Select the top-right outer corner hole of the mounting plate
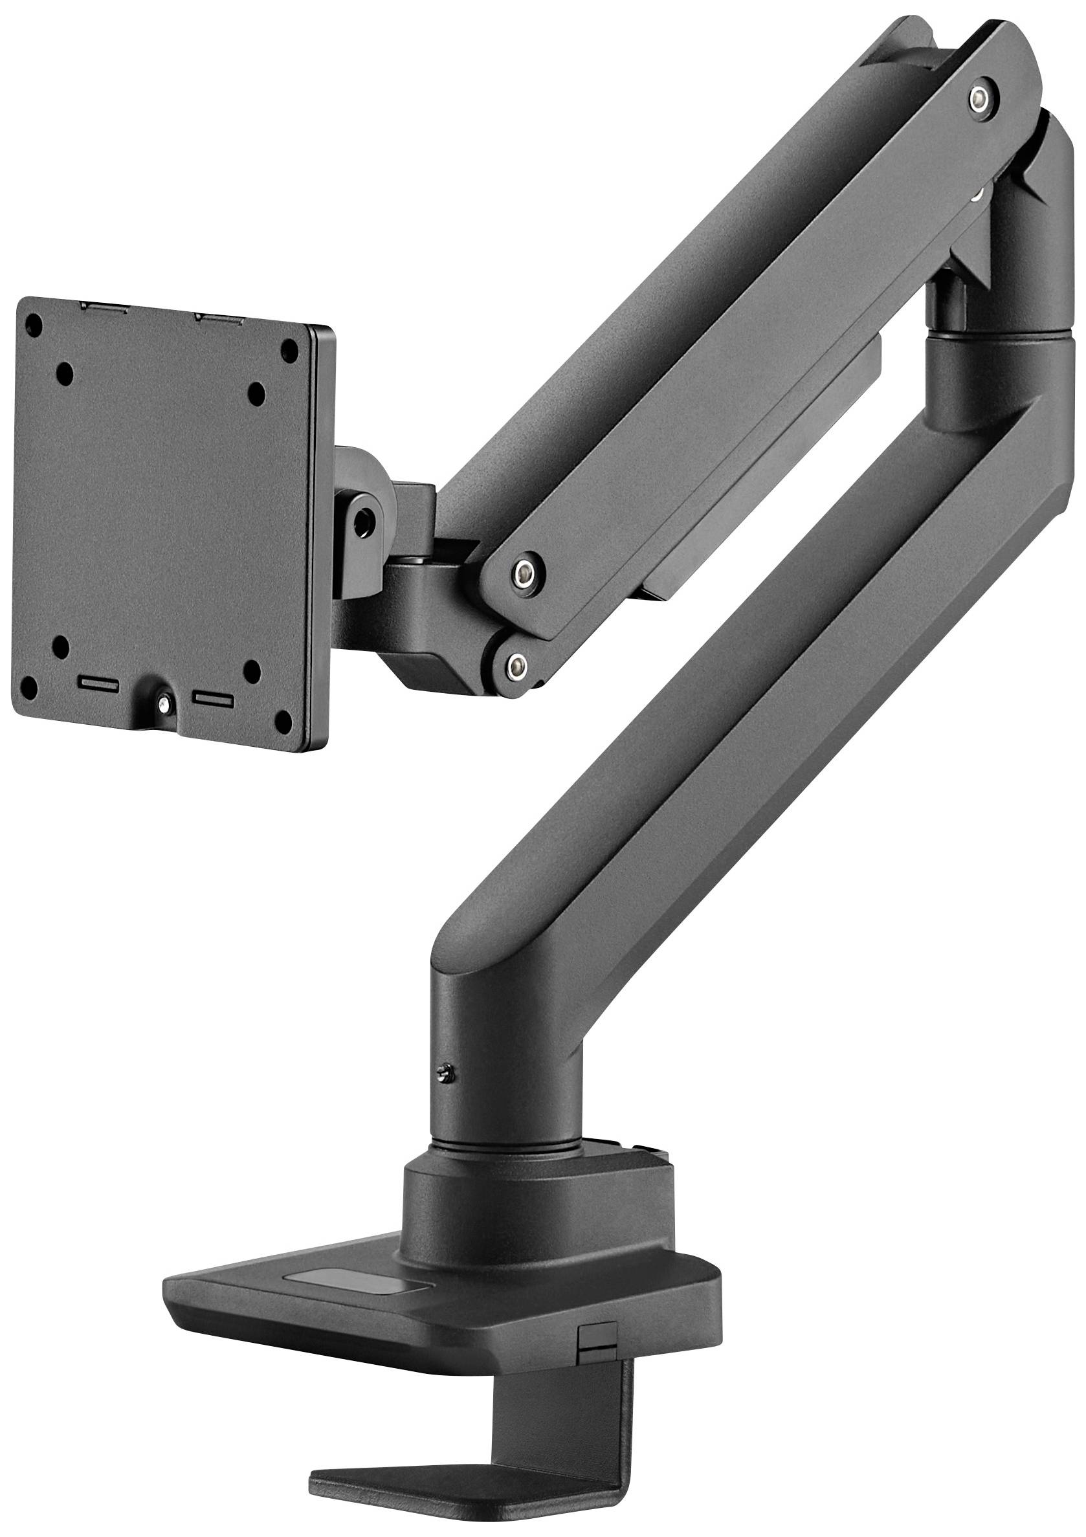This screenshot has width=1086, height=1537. point(289,349)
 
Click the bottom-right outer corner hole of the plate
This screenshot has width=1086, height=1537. point(284,720)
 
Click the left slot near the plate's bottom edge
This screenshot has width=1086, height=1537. point(98,685)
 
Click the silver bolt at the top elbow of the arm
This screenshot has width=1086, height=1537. point(982,98)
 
